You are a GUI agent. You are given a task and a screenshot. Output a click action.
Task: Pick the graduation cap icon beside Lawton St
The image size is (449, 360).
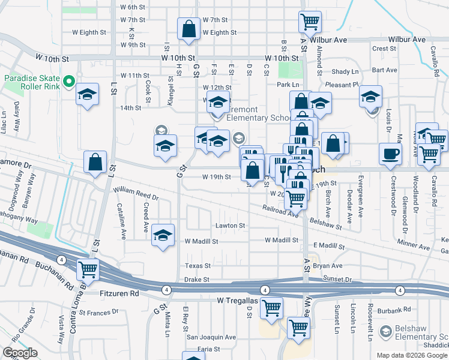(x=163, y=236)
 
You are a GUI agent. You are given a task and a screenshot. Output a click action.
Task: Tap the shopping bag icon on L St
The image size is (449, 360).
(x=95, y=162)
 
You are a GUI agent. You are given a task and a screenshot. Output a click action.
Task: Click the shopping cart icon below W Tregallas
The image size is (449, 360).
(x=271, y=308)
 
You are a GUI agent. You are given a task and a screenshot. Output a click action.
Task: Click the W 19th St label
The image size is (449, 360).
(x=217, y=177)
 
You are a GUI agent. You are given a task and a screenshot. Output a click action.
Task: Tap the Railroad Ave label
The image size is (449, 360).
(x=280, y=211)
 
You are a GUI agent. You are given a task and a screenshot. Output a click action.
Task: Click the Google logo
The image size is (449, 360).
(x=20, y=353)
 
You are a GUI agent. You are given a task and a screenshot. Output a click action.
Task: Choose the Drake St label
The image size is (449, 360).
(x=197, y=280)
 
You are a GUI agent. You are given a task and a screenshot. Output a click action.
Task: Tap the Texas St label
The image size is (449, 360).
(x=198, y=265)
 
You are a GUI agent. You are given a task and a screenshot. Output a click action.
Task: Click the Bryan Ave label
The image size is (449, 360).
(x=327, y=265)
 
